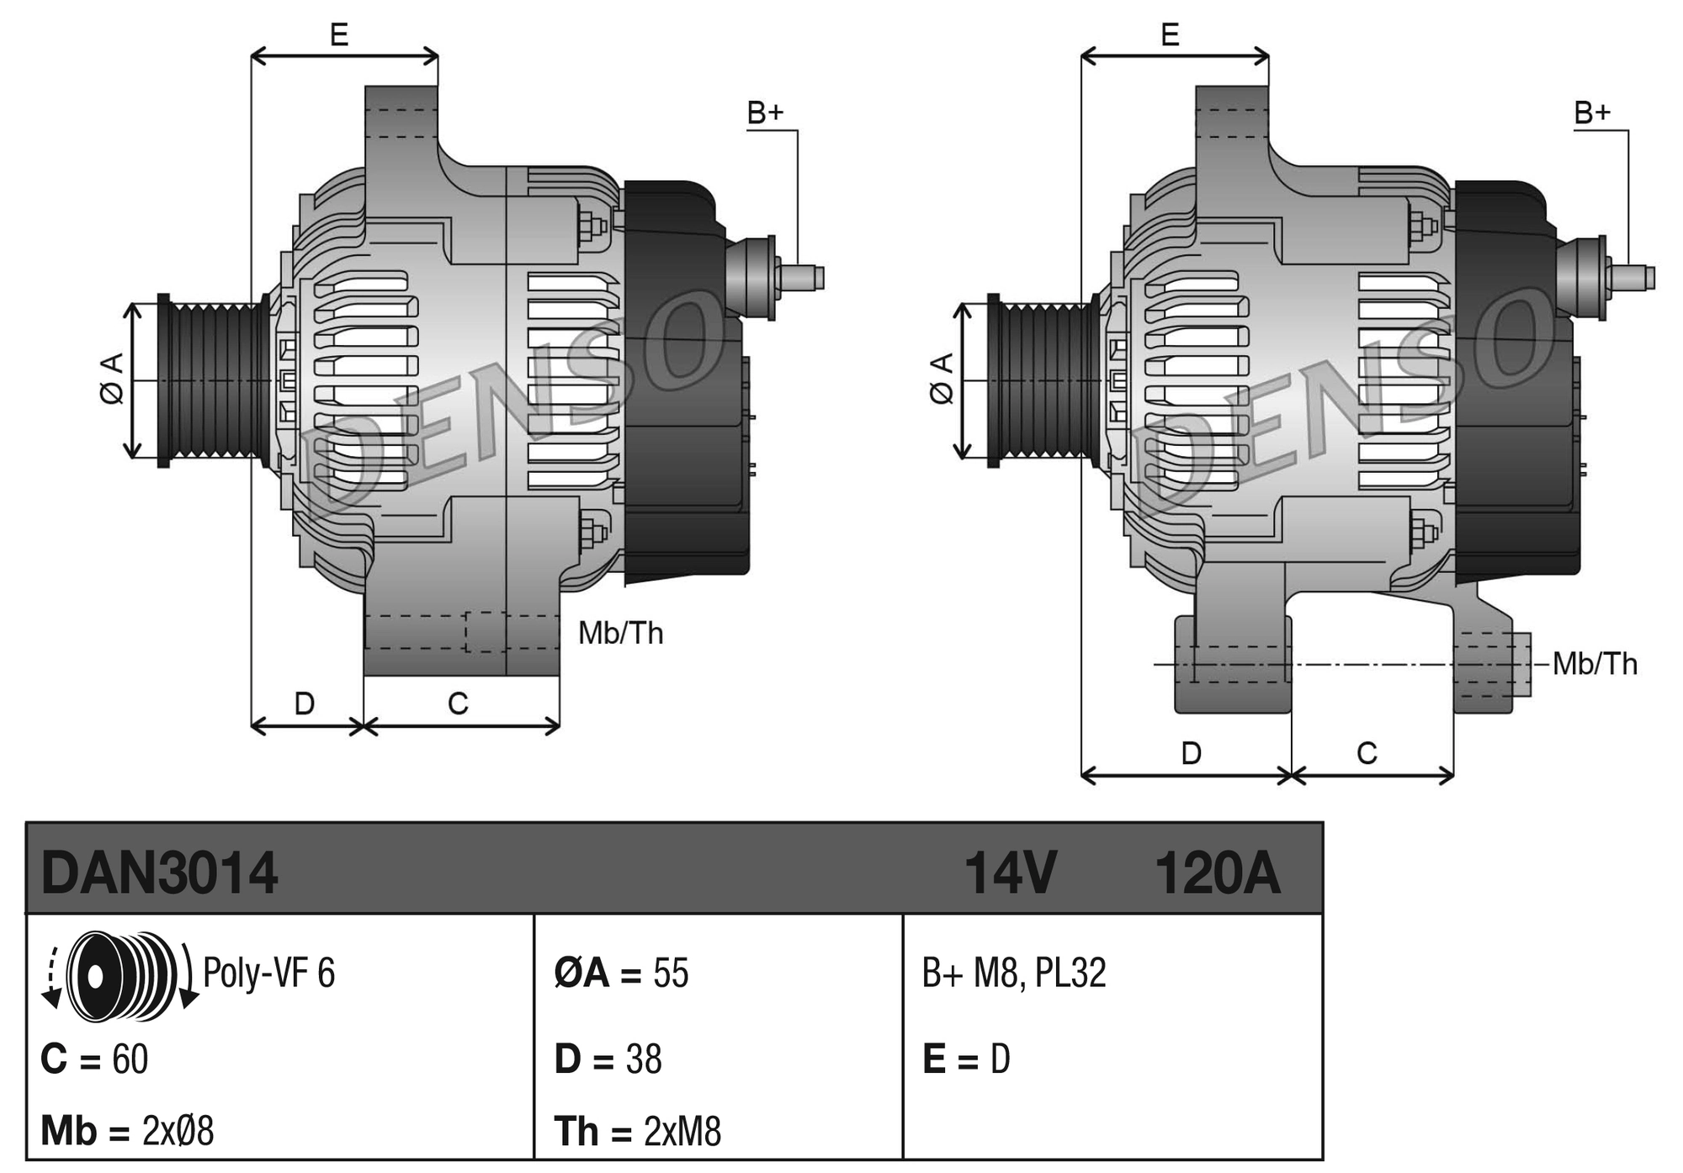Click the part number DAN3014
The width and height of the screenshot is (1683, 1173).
tap(159, 873)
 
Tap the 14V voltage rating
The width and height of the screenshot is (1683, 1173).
tap(1009, 873)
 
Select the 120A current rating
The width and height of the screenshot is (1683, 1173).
tap(1217, 873)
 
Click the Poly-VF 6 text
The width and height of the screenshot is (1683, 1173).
tap(268, 973)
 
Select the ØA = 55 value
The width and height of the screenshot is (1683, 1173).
tap(621, 973)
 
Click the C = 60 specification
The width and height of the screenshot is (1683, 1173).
tap(94, 1059)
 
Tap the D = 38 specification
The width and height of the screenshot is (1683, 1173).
tap(608, 1059)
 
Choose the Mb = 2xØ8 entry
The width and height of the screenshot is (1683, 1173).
tap(127, 1131)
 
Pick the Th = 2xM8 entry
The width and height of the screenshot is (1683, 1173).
tap(637, 1131)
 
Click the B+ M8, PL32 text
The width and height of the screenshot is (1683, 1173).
tap(1013, 973)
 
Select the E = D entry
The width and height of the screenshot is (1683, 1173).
tap(966, 1059)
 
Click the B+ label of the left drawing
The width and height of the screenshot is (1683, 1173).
tap(765, 113)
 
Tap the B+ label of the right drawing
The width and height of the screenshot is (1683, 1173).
tap(1592, 113)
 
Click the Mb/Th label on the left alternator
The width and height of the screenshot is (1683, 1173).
tap(620, 633)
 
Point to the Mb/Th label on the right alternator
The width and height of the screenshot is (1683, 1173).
tap(1595, 664)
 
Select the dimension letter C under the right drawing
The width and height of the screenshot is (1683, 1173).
tap(1367, 753)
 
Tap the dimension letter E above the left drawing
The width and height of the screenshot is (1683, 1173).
tap(339, 34)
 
